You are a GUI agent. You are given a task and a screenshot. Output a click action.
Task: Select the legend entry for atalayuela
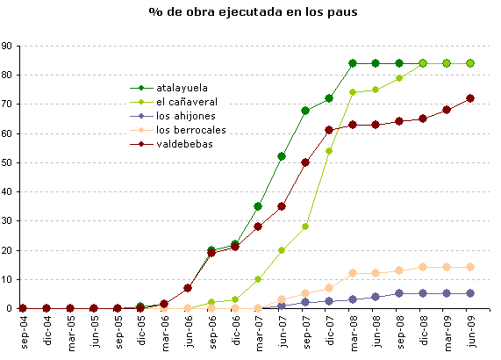point(180,88)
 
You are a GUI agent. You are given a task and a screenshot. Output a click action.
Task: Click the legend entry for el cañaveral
point(184,102)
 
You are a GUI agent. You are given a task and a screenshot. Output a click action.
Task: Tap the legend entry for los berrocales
point(188,130)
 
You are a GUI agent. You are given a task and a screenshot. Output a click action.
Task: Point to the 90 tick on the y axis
point(7,46)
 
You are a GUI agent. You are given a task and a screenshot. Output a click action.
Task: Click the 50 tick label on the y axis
point(7,162)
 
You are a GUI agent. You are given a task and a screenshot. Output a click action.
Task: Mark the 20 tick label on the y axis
point(7,250)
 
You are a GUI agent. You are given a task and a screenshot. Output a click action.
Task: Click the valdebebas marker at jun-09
point(471,98)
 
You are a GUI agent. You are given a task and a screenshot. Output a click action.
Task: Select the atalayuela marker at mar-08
point(353,63)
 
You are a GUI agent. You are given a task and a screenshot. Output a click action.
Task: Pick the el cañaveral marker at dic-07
point(329,151)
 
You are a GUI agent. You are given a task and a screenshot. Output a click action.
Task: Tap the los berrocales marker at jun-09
point(471,267)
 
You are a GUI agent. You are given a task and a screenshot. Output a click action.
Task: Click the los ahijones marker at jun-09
point(471,293)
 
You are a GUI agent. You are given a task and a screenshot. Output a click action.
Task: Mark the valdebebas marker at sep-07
point(305,162)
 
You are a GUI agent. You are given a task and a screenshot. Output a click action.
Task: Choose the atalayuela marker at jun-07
point(282,156)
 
